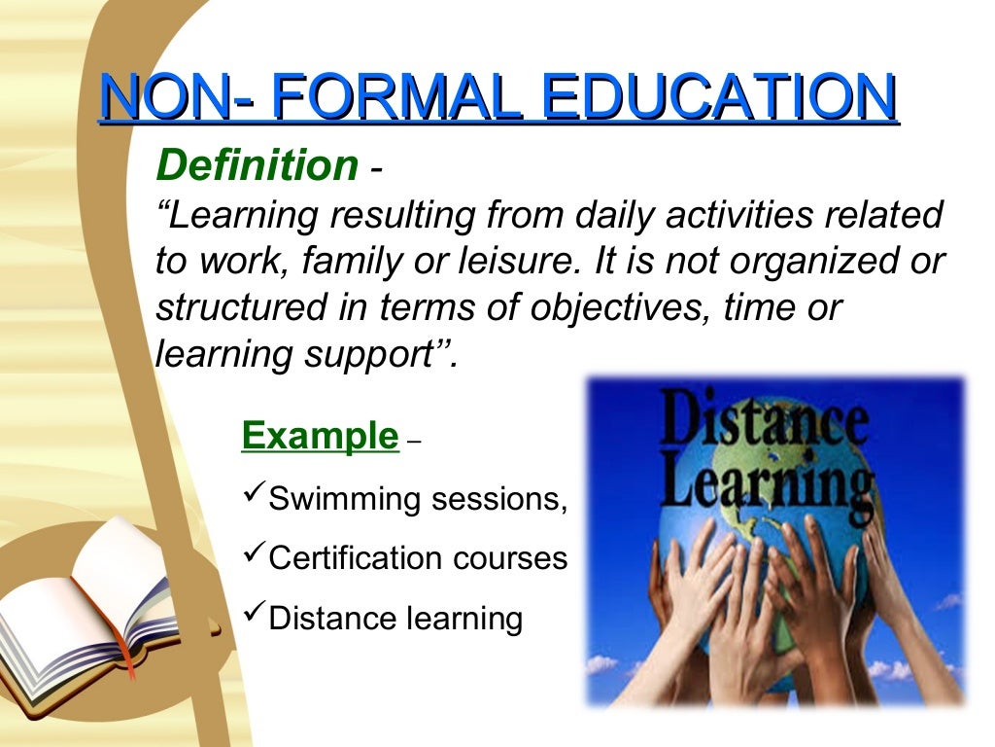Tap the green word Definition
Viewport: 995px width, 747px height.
click(x=257, y=166)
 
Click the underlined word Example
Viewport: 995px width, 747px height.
click(x=320, y=436)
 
